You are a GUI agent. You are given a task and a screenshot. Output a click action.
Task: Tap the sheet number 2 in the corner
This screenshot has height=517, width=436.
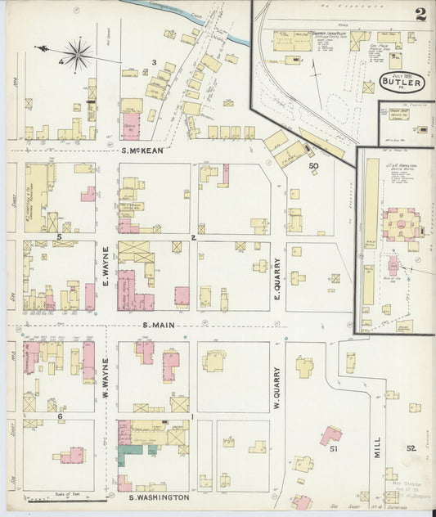(x=420, y=15)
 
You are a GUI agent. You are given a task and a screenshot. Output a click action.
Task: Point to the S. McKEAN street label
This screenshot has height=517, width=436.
(x=143, y=151)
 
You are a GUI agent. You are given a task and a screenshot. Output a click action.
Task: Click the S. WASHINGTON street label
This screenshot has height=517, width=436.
(x=158, y=497)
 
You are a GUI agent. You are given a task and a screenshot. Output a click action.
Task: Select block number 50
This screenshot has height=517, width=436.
(x=312, y=167)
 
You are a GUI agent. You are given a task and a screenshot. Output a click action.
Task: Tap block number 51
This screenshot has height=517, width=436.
(x=334, y=448)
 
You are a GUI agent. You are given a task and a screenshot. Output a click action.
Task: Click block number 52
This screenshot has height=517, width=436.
(x=411, y=448)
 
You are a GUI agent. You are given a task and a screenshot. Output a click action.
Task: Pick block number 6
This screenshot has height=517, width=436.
(x=60, y=416)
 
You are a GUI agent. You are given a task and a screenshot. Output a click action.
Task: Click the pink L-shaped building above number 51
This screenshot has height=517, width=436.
(x=331, y=434)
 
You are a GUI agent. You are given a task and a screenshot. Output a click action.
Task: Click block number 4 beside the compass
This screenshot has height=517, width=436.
(x=61, y=61)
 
